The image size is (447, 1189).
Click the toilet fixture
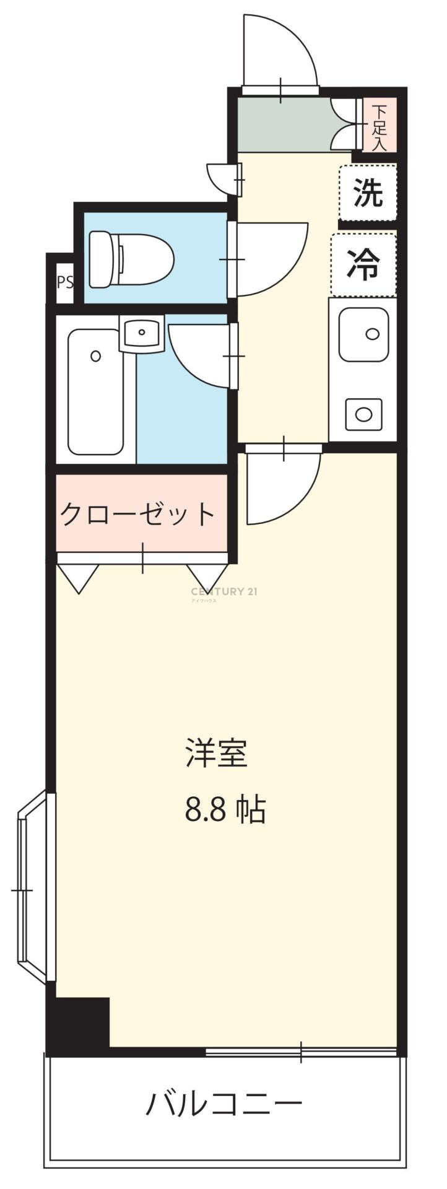pyautogui.click(x=131, y=259)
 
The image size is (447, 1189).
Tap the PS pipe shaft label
pyautogui.click(x=65, y=282)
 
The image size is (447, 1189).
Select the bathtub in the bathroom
pyautogui.click(x=95, y=391)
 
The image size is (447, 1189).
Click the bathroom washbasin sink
pyautogui.click(x=142, y=333)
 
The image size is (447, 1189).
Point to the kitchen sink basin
pyautogui.click(x=363, y=334)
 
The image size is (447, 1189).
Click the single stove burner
pyautogui.click(x=363, y=414)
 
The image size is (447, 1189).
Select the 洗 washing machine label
pyautogui.click(x=368, y=193)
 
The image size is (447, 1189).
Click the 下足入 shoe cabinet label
pyautogui.click(x=379, y=128)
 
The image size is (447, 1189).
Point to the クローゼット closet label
pyautogui.click(x=137, y=513)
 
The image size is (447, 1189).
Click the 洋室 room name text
pyautogui.click(x=217, y=753)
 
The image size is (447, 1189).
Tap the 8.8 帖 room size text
pyautogui.click(x=225, y=809)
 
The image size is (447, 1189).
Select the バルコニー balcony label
pyautogui.click(x=224, y=1103)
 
